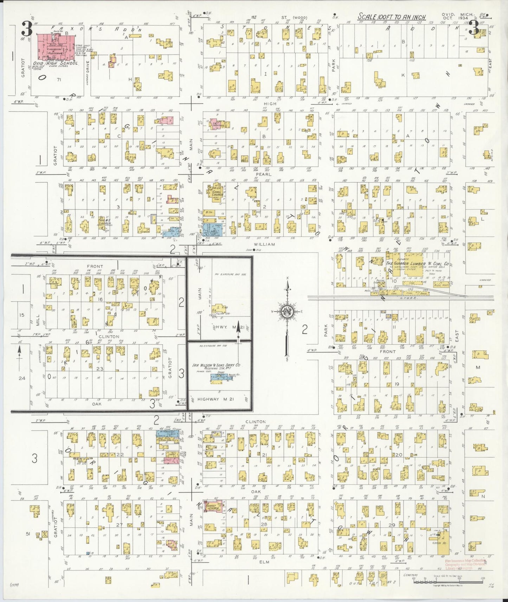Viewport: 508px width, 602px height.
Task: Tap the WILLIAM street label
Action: [x=266, y=244]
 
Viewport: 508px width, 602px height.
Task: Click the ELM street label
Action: [x=264, y=562]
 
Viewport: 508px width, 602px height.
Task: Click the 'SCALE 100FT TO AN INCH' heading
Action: [x=392, y=17]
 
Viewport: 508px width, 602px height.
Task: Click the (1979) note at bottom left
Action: [x=14, y=585]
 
